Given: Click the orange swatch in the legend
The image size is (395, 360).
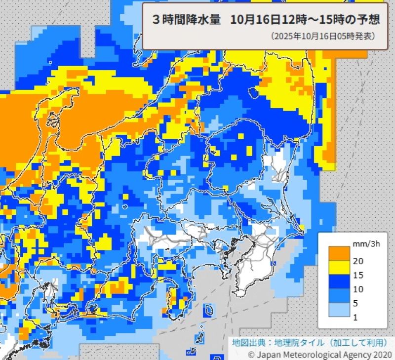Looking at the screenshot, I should pos(337,253).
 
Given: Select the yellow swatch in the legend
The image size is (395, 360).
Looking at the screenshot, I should pos(337,268).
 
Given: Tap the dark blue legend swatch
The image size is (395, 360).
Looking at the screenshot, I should pos(337,282).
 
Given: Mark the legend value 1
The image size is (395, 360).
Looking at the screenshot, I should pos(355,317).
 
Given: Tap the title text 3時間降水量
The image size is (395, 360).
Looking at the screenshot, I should pos(186,20).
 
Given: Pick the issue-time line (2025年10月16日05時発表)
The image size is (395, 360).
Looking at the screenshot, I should pos(323,37).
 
